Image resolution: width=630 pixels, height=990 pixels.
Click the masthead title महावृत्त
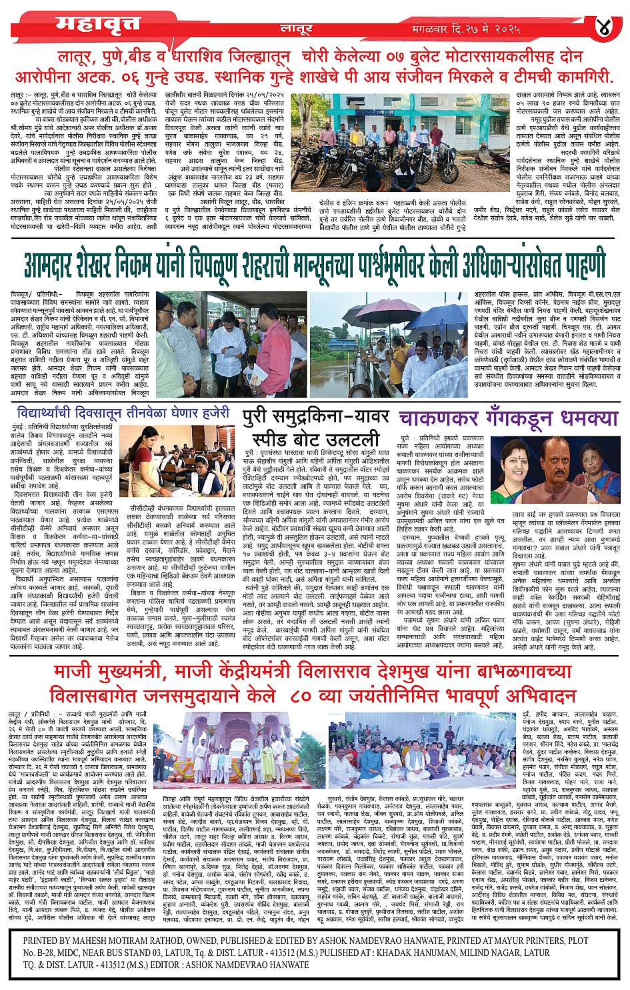[x=98, y=25]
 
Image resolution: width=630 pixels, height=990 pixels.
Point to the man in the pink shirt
[x=271, y=347]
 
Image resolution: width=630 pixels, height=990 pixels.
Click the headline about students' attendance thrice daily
[x=124, y=414]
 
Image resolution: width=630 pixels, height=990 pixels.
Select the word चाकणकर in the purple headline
[x=438, y=419]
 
